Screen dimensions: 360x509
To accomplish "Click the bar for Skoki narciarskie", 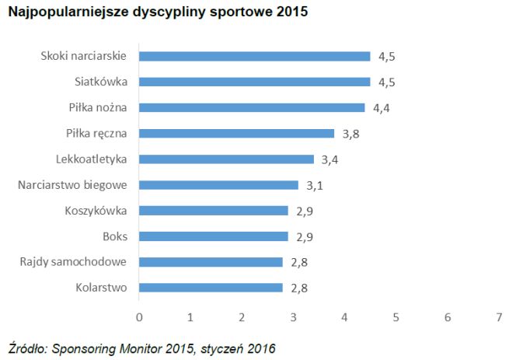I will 254,56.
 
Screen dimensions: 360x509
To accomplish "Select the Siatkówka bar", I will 254,82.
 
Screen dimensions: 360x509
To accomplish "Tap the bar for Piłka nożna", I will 252,107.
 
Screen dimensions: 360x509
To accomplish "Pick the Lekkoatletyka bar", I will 226,159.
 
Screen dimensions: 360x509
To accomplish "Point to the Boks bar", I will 213,236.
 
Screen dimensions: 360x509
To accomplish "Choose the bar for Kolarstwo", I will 211,287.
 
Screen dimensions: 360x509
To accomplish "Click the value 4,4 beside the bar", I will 381,108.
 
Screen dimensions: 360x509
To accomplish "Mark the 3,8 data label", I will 350,134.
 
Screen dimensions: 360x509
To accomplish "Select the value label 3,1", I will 315,185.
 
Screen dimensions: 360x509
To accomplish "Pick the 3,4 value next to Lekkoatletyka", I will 329,159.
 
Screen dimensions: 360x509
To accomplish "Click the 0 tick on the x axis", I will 139,316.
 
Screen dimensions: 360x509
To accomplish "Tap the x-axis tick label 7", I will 498,316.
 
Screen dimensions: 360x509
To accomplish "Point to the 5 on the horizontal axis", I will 396,316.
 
